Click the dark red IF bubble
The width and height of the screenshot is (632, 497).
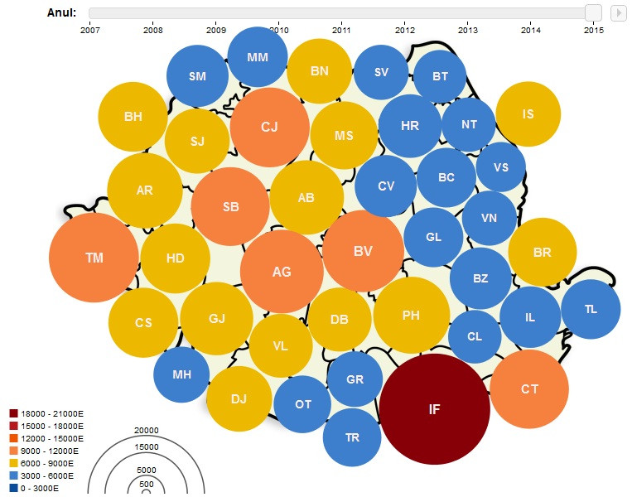(x=435, y=408)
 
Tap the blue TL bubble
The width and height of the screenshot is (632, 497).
(x=591, y=309)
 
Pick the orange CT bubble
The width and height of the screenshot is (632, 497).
(x=529, y=388)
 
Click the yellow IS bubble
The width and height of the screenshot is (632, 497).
(x=528, y=113)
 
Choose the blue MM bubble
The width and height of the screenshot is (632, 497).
(x=258, y=56)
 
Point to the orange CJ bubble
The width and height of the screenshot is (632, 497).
(x=269, y=127)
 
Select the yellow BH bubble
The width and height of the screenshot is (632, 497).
(x=133, y=117)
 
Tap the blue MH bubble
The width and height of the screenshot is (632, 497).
(x=181, y=374)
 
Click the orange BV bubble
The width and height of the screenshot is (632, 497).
(x=363, y=250)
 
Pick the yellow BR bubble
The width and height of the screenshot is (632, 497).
(x=543, y=252)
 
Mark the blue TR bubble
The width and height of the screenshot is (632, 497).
(x=352, y=437)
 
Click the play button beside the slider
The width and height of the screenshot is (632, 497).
(x=618, y=12)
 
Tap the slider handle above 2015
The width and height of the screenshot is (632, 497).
(x=593, y=12)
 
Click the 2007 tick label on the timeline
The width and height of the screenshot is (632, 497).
(x=90, y=30)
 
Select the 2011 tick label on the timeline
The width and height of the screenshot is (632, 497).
(x=341, y=30)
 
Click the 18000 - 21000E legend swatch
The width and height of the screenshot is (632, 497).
(x=13, y=413)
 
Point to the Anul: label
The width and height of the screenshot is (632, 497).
(x=61, y=12)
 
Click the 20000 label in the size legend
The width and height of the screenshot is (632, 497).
(x=146, y=430)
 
